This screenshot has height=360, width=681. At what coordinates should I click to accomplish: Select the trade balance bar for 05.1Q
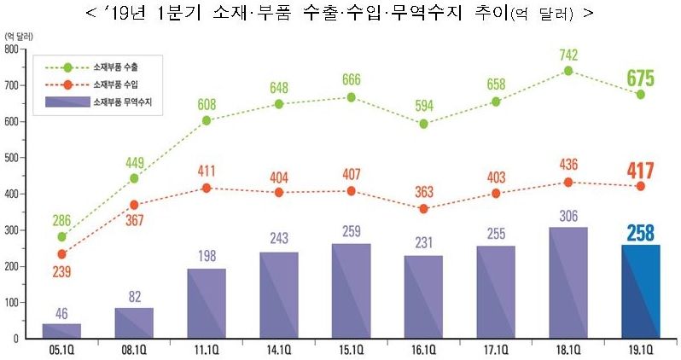point(61,331)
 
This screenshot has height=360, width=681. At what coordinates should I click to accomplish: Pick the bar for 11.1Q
point(207,303)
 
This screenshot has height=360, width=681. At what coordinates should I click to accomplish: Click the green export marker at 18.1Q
point(568,71)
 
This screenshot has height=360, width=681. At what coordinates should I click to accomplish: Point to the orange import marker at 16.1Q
point(423,208)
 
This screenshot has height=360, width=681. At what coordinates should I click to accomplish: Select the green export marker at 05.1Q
point(61,237)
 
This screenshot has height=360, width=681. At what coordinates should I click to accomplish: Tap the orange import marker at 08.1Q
point(134,205)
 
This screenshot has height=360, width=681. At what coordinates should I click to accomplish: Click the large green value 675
point(640,78)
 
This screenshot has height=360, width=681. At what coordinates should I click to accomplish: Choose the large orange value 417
point(640,169)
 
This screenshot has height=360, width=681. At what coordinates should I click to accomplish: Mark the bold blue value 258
point(640,232)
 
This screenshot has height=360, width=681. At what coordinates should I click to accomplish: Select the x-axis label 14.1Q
point(279,350)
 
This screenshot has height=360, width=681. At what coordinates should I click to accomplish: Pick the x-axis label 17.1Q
point(496,350)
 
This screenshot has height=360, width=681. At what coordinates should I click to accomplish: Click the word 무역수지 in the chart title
point(443,15)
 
